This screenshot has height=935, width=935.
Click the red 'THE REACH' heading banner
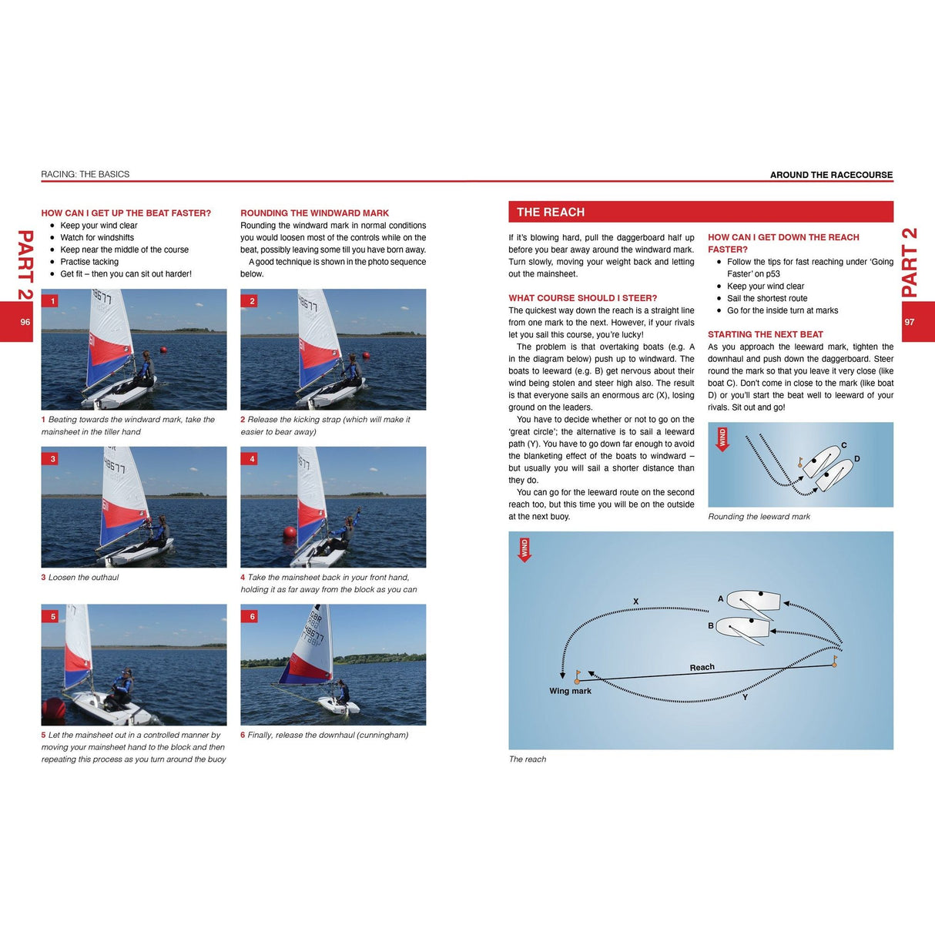pyautogui.click(x=700, y=212)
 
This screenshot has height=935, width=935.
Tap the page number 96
pyautogui.click(x=25, y=322)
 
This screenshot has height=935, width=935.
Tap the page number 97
pyautogui.click(x=910, y=322)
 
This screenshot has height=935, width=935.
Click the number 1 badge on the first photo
pyautogui.click(x=52, y=301)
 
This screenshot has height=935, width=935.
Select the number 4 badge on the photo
pyautogui.click(x=252, y=459)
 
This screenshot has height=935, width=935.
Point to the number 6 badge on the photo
pyautogui.click(x=252, y=616)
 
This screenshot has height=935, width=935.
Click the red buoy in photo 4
pyautogui.click(x=290, y=532)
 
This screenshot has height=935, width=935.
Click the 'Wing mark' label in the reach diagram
pyautogui.click(x=570, y=691)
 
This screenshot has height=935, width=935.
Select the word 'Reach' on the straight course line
pyautogui.click(x=702, y=667)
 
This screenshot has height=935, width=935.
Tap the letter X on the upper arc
pyautogui.click(x=635, y=602)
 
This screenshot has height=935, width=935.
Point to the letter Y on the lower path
pyautogui.click(x=745, y=697)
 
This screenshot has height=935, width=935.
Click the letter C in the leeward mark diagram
pyautogui.click(x=844, y=445)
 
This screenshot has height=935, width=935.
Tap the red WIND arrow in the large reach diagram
pyautogui.click(x=524, y=550)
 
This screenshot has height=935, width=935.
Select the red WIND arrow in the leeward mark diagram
pyautogui.click(x=722, y=439)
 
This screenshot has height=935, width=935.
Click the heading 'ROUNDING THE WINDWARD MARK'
pyautogui.click(x=314, y=213)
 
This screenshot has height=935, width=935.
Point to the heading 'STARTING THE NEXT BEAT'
pyautogui.click(x=765, y=334)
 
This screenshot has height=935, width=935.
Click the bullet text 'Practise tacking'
pyautogui.click(x=89, y=262)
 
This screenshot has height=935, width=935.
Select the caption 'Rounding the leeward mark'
pyautogui.click(x=759, y=517)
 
